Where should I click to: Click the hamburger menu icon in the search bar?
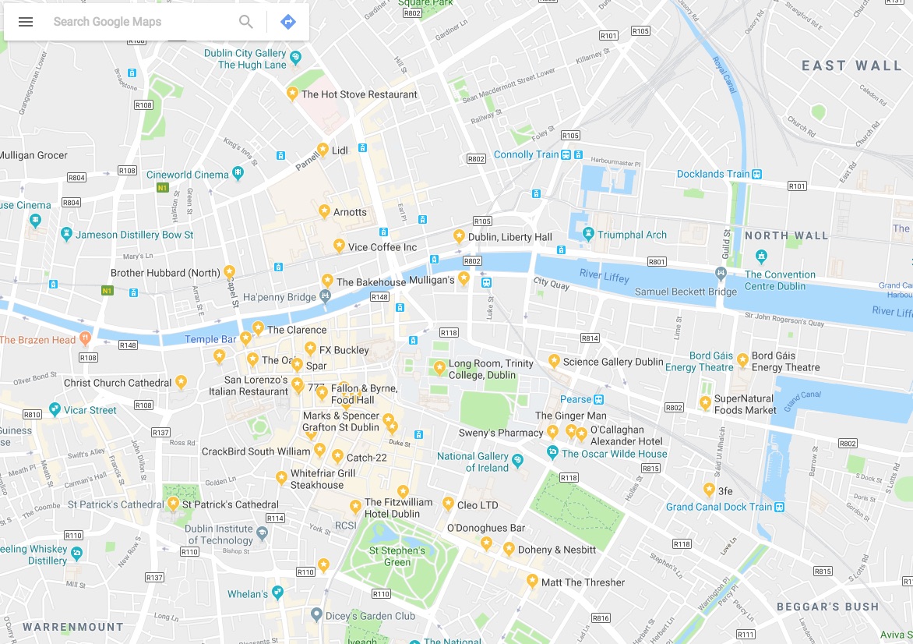click(26, 22)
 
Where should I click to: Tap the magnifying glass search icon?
click(246, 22)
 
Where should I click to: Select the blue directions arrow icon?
click(288, 22)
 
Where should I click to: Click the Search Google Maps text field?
click(140, 22)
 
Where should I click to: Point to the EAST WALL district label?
click(851, 65)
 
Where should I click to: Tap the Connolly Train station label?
click(527, 155)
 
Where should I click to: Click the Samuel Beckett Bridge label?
click(686, 292)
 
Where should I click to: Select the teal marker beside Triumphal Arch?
click(589, 234)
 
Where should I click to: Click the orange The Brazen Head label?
click(37, 340)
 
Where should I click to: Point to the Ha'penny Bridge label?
click(280, 297)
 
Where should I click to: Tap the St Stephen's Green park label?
click(397, 556)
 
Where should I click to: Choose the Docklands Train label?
click(713, 174)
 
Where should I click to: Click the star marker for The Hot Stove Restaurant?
click(292, 94)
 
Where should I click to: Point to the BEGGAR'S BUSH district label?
click(827, 607)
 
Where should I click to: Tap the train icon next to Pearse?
click(598, 399)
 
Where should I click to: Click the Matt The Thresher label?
click(583, 582)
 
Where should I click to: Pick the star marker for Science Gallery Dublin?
click(554, 361)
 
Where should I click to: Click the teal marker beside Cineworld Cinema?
click(238, 173)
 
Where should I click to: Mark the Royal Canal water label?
click(724, 76)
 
